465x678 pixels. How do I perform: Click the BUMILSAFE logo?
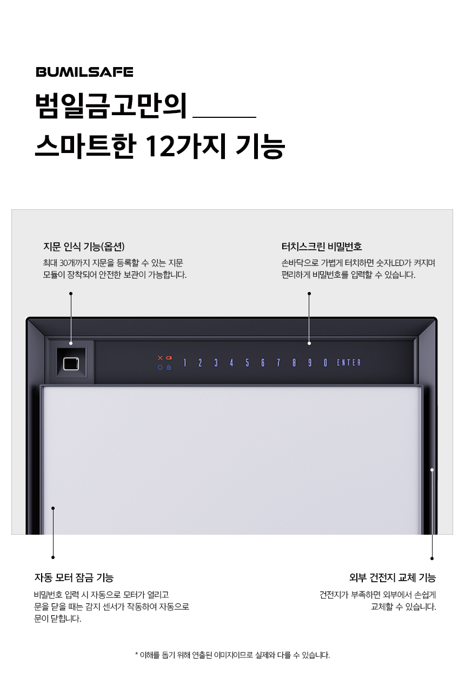point(84,72)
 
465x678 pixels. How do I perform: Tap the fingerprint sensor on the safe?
point(71,363)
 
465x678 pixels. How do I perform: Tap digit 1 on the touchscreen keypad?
point(184,363)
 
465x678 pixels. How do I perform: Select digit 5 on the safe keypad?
point(247,363)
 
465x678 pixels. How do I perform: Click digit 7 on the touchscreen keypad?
point(278,363)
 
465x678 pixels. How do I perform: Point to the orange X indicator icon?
point(160,358)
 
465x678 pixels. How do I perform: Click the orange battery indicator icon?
point(169,358)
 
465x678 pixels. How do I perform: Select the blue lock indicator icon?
point(169,368)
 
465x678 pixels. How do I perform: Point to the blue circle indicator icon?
point(160,368)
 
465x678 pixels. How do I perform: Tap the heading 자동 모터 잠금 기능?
point(74,577)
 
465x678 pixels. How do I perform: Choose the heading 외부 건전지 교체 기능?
point(393,577)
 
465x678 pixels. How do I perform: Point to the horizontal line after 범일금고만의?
point(224,117)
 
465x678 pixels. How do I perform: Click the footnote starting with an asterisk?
point(232,655)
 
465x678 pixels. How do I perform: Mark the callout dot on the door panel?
point(53,508)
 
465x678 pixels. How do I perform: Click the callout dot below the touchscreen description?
point(309,294)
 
